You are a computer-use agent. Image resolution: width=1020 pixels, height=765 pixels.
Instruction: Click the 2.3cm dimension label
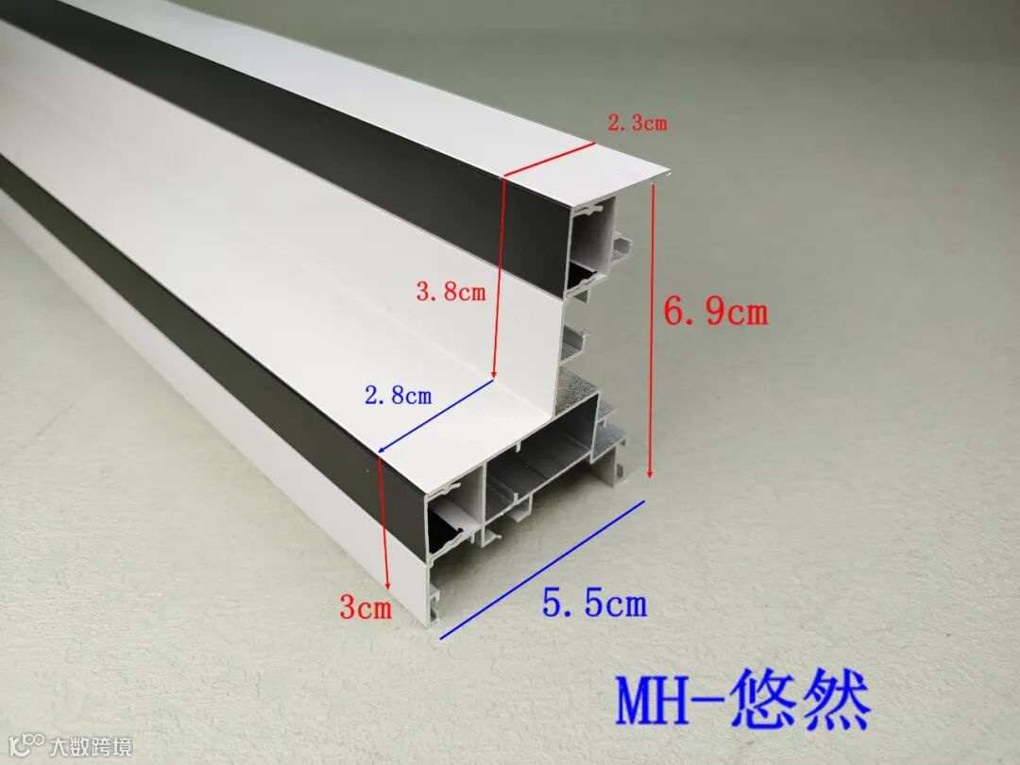(x=637, y=123)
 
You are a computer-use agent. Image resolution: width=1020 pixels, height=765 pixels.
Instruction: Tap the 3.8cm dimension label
(x=450, y=292)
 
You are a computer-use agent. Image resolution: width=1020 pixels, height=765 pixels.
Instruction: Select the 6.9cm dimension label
(x=716, y=311)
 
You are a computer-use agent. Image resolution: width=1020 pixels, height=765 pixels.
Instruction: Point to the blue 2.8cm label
(x=398, y=396)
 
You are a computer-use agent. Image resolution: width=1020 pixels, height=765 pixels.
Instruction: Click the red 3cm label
(x=365, y=608)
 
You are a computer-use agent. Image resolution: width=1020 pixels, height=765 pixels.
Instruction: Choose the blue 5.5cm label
(x=595, y=602)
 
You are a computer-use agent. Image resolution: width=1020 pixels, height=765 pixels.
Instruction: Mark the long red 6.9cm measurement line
(x=652, y=331)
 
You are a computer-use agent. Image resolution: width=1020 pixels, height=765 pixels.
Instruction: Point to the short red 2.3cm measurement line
(x=548, y=160)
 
